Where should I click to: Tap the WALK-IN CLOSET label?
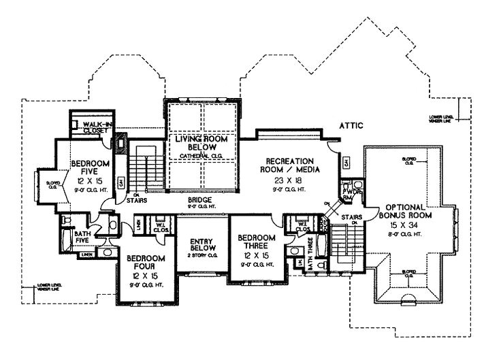[x=93, y=127]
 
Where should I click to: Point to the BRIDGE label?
[x=200, y=201]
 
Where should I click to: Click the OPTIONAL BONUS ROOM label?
[x=406, y=211]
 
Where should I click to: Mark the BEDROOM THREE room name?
[x=258, y=242]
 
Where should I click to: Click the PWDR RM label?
[x=352, y=196]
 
